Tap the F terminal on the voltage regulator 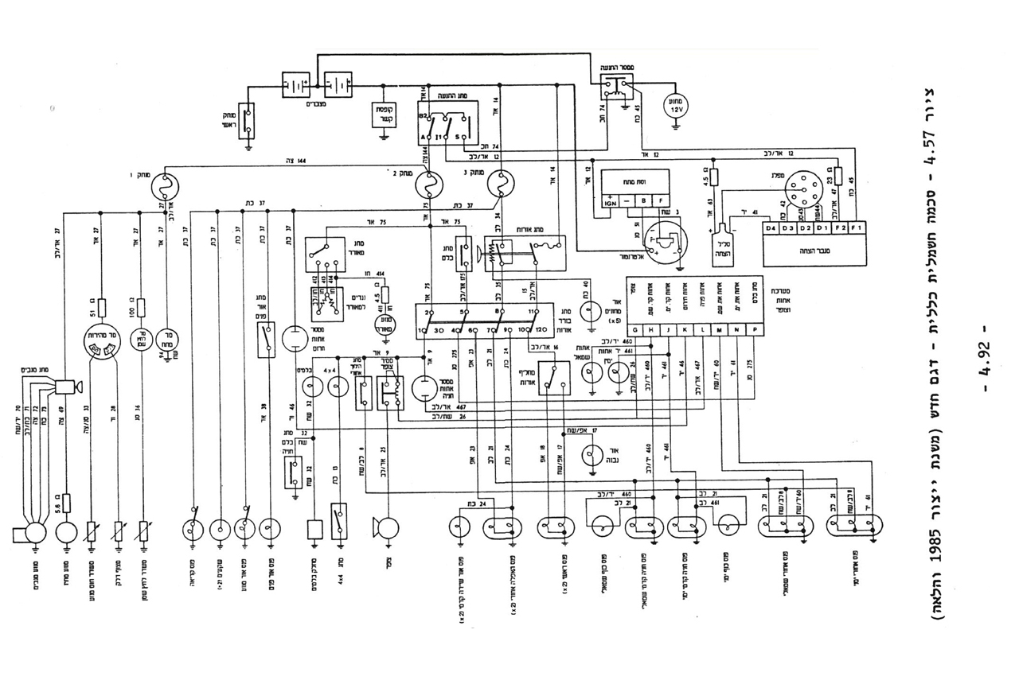[x=659, y=201]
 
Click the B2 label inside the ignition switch [x=424, y=117]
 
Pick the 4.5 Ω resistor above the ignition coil [x=713, y=177]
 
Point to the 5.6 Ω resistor [x=66, y=503]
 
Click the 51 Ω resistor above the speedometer [x=102, y=309]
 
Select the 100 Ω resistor [x=141, y=308]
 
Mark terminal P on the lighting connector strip [x=754, y=329]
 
